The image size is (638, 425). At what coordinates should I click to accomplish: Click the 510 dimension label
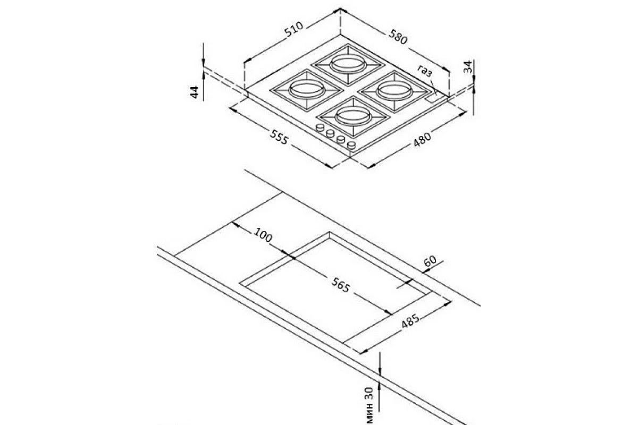pos(294,29)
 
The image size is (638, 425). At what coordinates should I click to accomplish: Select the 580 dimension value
pos(398,37)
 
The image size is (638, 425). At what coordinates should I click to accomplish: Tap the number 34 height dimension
pos(468,66)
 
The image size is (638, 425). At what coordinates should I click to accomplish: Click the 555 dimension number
pos(279,137)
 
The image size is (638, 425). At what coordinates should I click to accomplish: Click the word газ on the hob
pos(425,71)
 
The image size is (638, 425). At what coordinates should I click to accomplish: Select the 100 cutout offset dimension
pos(263,235)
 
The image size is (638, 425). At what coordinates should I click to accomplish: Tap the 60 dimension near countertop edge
pos(430,261)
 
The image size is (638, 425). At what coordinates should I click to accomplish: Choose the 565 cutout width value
pos(340,285)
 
